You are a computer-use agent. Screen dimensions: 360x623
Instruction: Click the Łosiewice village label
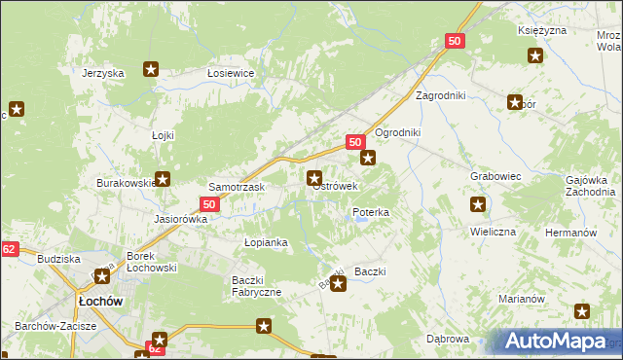pos(231,74)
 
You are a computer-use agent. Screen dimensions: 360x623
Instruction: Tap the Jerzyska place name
pos(103,74)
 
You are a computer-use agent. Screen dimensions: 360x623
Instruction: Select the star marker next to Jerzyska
pos(151,68)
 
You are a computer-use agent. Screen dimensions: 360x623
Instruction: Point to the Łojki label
pos(163,135)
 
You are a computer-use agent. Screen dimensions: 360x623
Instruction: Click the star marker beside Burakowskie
pos(163,179)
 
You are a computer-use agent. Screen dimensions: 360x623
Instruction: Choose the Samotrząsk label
pos(232,186)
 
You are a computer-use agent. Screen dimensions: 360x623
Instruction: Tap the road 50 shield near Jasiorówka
pos(209,204)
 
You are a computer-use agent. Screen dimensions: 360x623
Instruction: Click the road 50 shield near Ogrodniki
pos(355,142)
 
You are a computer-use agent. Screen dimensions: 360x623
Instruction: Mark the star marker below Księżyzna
pos(534,55)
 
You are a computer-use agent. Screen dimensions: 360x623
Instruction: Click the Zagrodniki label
pos(442,96)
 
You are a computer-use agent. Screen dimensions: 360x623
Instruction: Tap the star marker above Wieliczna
pos(478,204)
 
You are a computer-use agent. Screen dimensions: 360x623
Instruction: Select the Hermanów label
pos(570,234)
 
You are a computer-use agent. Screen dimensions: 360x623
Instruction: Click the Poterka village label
pos(371,212)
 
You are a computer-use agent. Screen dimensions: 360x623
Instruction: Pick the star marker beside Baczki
pos(338,284)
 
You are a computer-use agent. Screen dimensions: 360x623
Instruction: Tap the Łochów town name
pos(99,302)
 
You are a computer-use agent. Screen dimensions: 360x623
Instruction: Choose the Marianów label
pos(520,299)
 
